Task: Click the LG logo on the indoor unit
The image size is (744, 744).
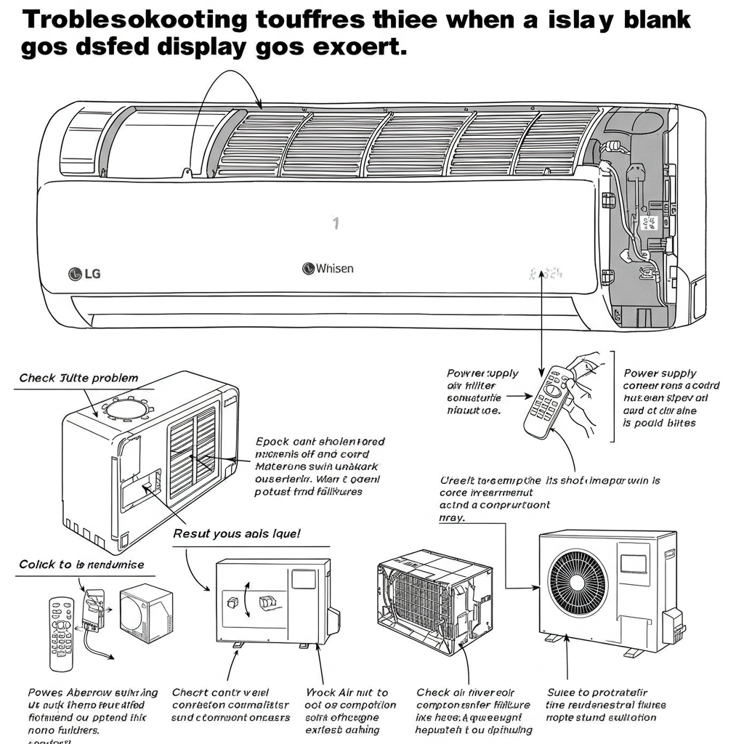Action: point(84,273)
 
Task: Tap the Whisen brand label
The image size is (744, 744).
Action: point(328,269)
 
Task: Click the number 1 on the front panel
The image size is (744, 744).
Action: point(336,223)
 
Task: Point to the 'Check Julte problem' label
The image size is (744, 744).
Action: point(78,378)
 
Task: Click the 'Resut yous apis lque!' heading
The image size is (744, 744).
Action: point(236,533)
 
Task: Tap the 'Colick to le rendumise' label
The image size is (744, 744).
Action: point(81,565)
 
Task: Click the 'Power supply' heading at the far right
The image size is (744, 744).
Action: point(660,373)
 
